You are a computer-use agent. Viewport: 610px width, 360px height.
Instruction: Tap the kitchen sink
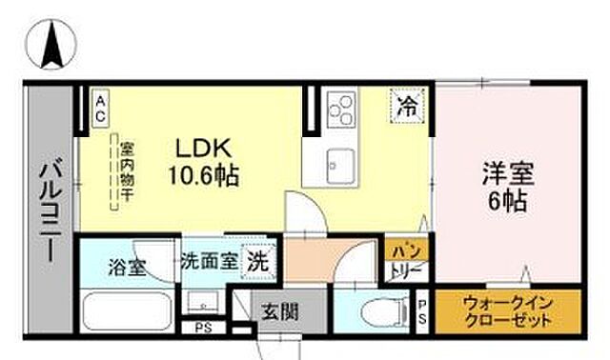pyautogui.click(x=339, y=161)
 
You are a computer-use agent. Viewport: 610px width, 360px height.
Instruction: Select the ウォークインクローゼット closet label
pyautogui.click(x=507, y=310)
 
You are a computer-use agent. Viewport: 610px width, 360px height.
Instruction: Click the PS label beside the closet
pyautogui.click(x=423, y=310)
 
